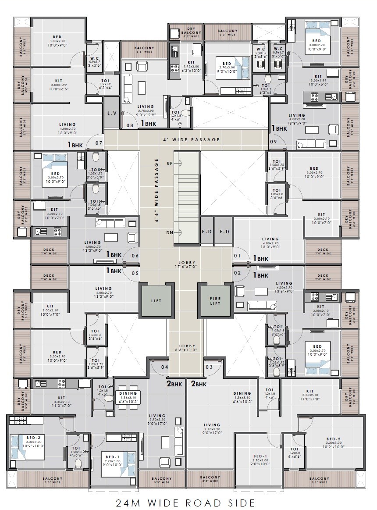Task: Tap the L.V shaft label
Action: (112, 113)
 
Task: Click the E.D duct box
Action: (206, 232)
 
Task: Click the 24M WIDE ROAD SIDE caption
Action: (185, 502)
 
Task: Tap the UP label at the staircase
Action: (169, 163)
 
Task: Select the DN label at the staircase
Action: (169, 232)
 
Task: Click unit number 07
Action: (99, 143)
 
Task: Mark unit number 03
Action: (209, 367)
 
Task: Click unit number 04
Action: (165, 367)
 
